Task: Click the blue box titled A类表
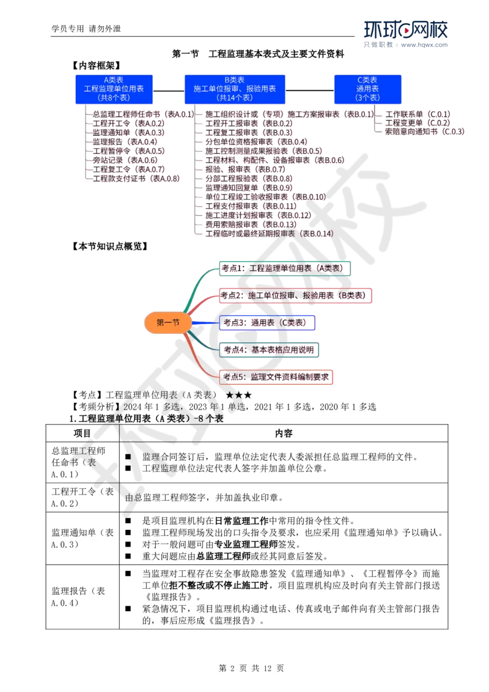point(114,89)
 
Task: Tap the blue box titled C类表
point(367,89)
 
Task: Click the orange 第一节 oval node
point(167,323)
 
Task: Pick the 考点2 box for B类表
point(295,295)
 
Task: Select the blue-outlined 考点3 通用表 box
point(267,323)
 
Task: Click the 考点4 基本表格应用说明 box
point(270,350)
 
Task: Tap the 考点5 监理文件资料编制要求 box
point(276,377)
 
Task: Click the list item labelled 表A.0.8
point(136,179)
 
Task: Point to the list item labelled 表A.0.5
point(130,150)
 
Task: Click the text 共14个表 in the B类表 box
point(235,98)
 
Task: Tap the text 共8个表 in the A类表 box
point(114,98)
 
